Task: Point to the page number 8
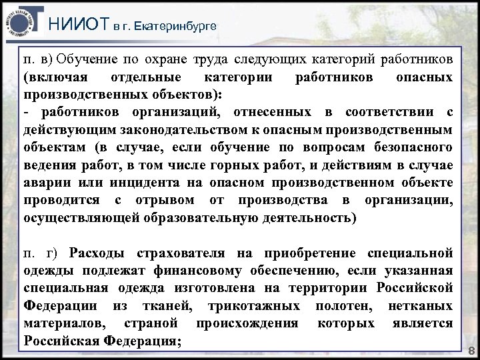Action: [x=471, y=351]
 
